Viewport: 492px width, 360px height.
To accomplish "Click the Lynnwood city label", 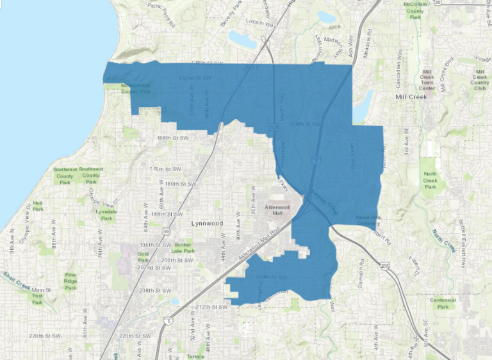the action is point(206,224).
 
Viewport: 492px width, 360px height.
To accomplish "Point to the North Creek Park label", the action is point(430,180).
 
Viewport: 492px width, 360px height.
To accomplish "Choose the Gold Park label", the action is point(143,257).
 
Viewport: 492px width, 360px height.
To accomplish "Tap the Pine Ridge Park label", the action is point(70,281).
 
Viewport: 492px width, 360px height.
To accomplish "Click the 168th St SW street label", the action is point(174,138).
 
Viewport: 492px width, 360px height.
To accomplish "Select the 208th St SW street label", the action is point(154,290).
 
